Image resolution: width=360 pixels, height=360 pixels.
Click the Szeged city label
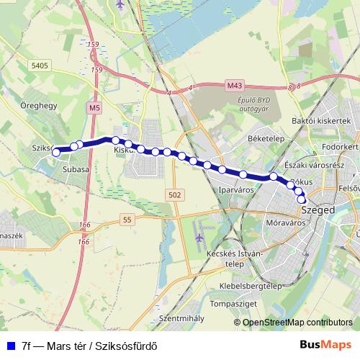point(319,210)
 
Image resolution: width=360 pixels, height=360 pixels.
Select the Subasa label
point(76,169)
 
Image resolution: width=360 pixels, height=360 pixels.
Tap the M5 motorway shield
point(94,107)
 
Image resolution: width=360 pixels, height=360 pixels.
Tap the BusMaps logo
point(325,344)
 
